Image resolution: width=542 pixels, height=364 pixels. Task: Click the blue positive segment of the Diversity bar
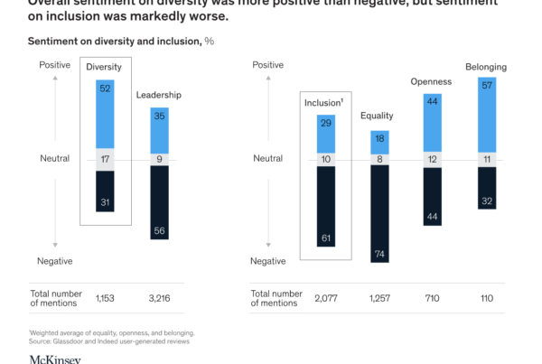[107, 112]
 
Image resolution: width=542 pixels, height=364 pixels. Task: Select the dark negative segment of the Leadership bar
[159, 203]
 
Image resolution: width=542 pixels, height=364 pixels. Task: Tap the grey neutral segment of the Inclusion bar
[326, 159]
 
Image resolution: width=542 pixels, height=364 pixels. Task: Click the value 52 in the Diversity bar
[107, 88]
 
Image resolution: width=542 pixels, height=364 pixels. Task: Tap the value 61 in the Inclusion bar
[326, 237]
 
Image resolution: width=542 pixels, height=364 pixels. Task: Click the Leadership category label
[159, 95]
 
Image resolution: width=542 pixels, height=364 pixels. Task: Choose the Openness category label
[431, 81]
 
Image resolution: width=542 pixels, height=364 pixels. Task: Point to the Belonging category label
[485, 67]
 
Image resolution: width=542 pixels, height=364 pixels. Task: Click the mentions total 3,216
[159, 295]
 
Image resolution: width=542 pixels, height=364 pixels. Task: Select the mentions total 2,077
[326, 295]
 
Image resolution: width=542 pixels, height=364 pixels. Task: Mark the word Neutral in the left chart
[54, 158]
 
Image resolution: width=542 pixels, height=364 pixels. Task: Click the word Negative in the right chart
[267, 260]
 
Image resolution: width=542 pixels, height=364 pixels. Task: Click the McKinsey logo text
[55, 359]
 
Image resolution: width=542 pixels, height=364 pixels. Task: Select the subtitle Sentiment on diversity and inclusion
[114, 42]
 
